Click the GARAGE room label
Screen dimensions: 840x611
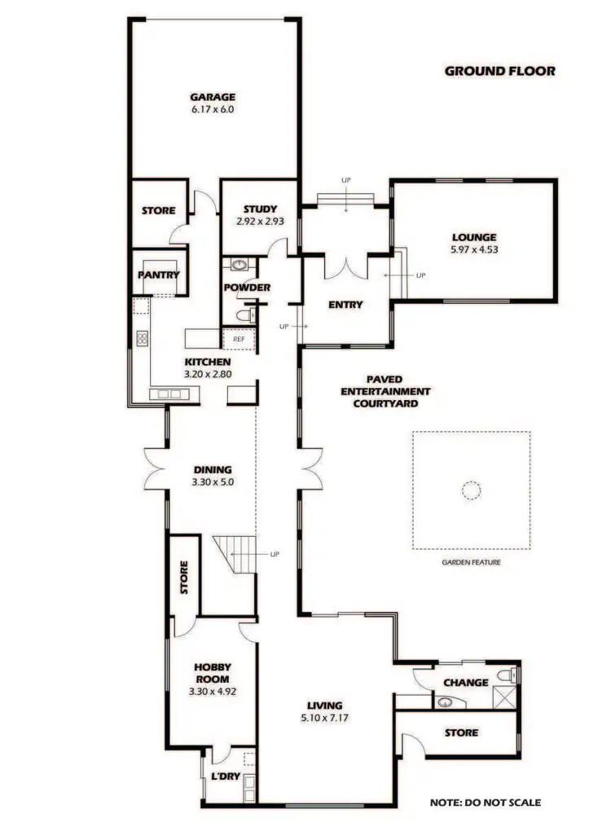click(213, 96)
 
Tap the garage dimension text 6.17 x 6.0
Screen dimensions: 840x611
click(213, 108)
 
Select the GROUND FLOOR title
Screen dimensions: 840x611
click(499, 71)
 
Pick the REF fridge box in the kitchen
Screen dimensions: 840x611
click(239, 339)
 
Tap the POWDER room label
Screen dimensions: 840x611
click(247, 288)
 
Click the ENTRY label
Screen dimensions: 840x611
click(345, 305)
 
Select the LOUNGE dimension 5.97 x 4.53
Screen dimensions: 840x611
click(473, 249)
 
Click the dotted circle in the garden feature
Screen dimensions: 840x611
click(471, 490)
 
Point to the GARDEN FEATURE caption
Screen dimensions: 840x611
click(471, 562)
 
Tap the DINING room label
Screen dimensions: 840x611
click(213, 469)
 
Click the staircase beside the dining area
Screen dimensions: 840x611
click(235, 556)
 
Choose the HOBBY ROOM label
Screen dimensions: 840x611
click(212, 673)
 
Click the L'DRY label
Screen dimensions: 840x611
click(226, 776)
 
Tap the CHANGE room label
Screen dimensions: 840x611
click(465, 683)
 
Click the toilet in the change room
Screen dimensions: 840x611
click(509, 675)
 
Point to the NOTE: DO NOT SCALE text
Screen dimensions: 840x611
click(485, 802)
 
